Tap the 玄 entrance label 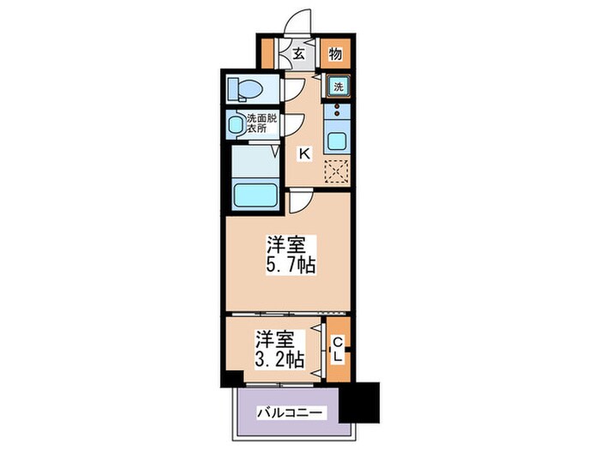click(x=298, y=54)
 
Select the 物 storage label click(x=336, y=54)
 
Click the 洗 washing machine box click(x=338, y=87)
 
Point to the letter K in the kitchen click(x=303, y=154)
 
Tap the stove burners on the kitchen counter click(x=337, y=111)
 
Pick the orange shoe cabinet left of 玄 click(x=268, y=54)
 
